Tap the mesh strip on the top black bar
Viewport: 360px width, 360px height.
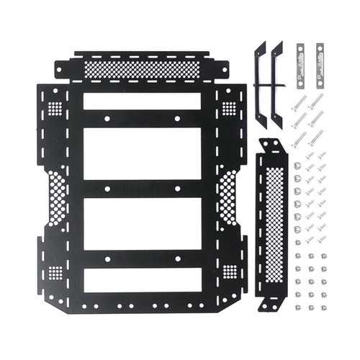(142, 69)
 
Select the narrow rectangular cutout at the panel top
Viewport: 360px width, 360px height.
(142, 101)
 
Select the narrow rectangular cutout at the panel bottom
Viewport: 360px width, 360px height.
(142, 281)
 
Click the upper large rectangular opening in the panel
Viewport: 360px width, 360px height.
(142, 155)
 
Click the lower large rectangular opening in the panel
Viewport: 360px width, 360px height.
(142, 224)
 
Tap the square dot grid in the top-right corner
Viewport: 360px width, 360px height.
(229, 108)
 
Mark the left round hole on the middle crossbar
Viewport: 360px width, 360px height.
(106, 189)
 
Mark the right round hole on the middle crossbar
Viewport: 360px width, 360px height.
(177, 189)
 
